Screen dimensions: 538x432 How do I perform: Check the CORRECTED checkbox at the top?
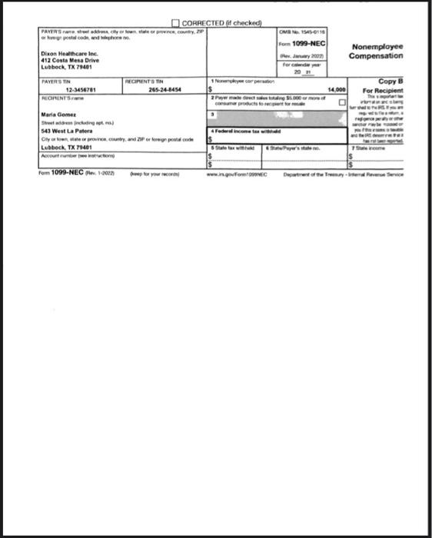pos(175,23)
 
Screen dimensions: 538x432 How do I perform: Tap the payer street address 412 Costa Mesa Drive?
pos(70,60)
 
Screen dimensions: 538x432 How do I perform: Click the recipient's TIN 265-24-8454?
pos(165,91)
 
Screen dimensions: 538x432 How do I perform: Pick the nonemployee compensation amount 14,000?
pos(337,91)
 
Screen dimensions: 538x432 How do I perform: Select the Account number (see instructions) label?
pos(72,155)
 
